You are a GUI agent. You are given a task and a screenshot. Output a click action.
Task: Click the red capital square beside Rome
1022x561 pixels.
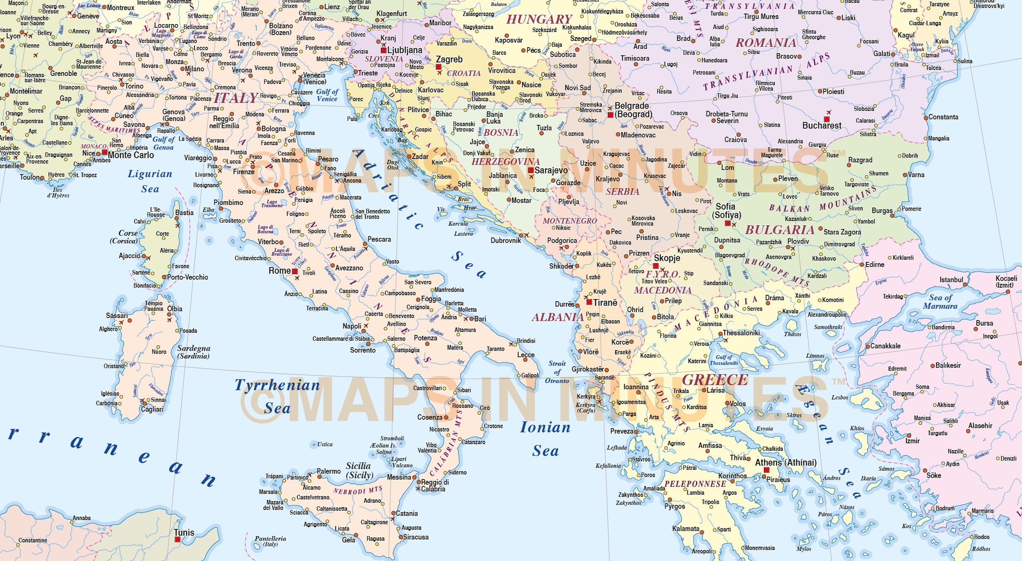coord(295,271)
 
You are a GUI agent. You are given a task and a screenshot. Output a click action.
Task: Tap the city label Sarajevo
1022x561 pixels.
coord(551,170)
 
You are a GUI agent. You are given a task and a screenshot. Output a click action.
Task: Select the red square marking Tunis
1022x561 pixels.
coord(178,539)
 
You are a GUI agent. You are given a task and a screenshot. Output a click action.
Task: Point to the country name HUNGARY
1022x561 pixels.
coord(539,19)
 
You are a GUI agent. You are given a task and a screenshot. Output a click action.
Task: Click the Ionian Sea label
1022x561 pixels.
coord(545,439)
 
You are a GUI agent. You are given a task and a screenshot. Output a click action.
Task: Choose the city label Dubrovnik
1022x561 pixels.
coord(506,240)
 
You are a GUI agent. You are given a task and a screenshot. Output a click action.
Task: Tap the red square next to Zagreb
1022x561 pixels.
coord(439,67)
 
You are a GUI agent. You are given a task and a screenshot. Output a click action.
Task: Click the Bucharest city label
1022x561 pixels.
coord(822,126)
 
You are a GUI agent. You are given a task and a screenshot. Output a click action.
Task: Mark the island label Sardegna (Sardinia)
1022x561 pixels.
coord(194,352)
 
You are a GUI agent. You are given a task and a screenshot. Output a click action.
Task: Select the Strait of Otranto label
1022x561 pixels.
coord(557,372)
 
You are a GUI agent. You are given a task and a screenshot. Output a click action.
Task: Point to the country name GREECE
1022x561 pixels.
coord(715,380)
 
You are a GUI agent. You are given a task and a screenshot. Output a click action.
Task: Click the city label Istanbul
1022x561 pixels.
coord(951,280)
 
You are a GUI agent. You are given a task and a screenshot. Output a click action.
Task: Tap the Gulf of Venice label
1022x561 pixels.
coord(327,95)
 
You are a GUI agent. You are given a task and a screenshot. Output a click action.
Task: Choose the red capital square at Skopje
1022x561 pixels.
coord(656,266)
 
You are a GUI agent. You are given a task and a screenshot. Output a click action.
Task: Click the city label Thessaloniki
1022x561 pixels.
coord(741,333)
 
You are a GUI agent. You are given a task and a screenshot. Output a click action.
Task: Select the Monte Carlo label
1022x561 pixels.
coord(131,155)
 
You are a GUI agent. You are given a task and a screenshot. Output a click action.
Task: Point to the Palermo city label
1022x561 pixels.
coord(329,471)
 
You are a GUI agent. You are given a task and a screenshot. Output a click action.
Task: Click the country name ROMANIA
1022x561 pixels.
coord(766,43)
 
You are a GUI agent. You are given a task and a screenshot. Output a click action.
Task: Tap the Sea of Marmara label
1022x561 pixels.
coord(940,302)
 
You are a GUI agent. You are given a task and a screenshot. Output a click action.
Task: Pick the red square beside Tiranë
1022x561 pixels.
coord(589,302)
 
